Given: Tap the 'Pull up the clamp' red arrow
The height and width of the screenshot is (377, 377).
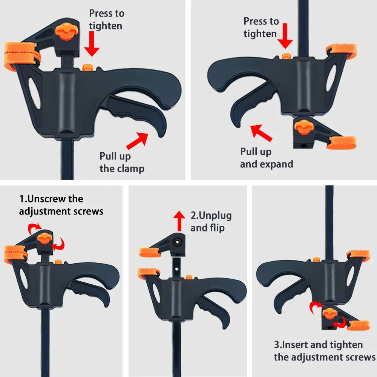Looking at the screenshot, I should point(137,141).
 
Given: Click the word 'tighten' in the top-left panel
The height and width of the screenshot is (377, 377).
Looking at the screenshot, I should point(106,26).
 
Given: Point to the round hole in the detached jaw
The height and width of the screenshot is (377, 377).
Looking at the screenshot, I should point(177,240).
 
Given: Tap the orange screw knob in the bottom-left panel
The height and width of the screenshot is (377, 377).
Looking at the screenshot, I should point(44,238).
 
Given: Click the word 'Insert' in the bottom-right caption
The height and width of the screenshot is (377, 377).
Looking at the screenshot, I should point(297,345).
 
